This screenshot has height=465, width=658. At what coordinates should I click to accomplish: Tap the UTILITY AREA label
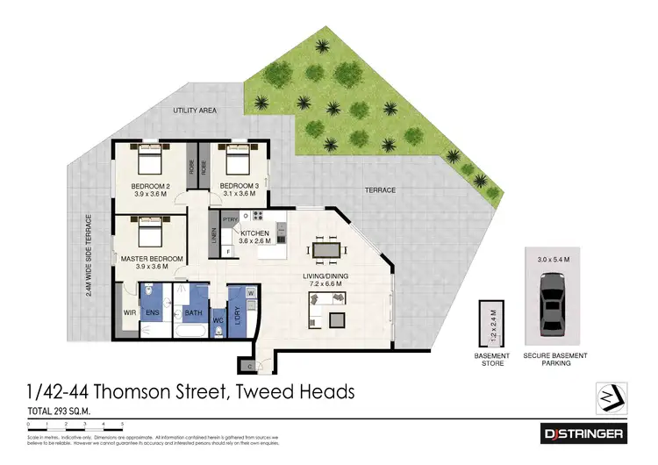click(x=194, y=111)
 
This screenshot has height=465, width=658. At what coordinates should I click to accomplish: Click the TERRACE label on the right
click(x=379, y=190)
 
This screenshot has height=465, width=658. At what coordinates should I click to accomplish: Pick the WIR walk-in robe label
click(x=130, y=311)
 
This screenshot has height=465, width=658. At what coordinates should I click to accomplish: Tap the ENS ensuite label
click(x=151, y=311)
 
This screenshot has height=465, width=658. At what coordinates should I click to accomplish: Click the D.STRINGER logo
click(x=583, y=433)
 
